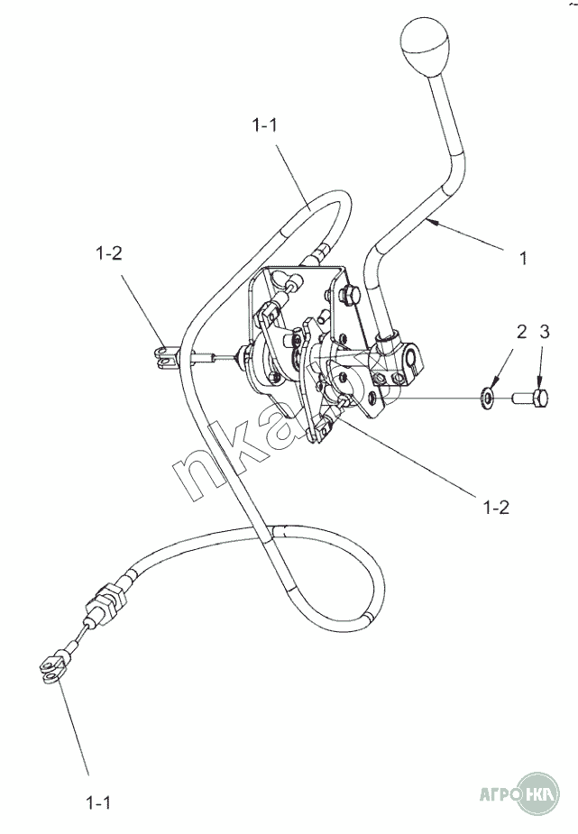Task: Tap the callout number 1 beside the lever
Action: pos(523,259)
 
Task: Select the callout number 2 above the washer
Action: pos(521,332)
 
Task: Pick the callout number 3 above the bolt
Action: pos(544,332)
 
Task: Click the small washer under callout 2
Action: pos(487,396)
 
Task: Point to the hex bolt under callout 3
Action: pos(531,398)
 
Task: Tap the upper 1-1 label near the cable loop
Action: pos(264,125)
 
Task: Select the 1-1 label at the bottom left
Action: pos(98,802)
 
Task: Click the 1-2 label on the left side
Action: pos(108,253)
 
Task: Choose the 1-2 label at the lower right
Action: pos(496,508)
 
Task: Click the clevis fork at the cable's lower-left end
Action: pos(53,670)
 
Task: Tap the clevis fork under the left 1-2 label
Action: pos(166,357)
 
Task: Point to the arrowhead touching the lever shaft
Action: pos(432,223)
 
